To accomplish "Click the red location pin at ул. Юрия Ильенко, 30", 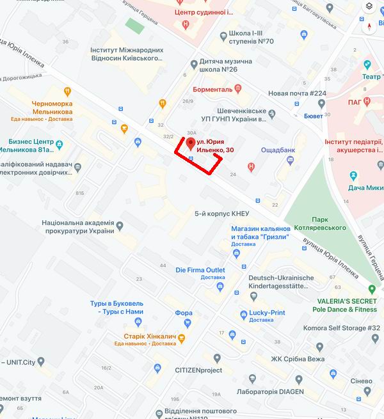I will (190, 142).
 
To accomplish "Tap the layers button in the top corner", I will (369, 6).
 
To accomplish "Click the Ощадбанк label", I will (278, 150).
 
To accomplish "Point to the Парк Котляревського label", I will (319, 223).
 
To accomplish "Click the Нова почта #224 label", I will (297, 93).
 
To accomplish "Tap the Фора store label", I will (183, 313).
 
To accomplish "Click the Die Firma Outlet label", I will (200, 270).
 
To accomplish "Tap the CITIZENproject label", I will (198, 370).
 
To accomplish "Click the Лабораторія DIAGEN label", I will (269, 391).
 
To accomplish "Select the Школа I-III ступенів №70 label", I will (251, 37).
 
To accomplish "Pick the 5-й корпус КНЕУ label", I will (221, 213).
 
